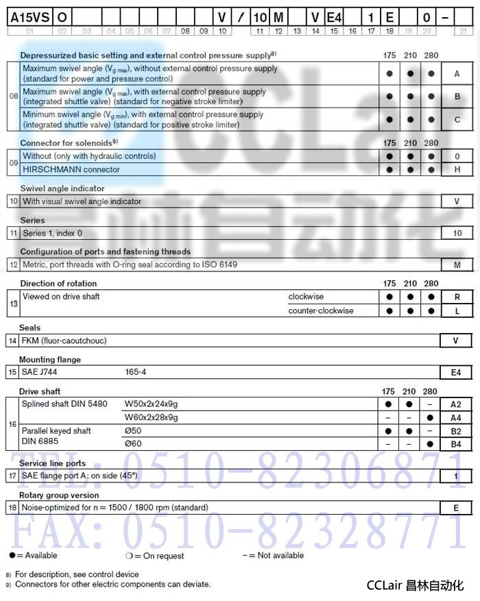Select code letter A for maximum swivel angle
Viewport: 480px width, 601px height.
tap(457, 73)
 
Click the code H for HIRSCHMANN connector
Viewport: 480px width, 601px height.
tap(457, 169)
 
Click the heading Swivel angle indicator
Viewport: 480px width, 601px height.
tap(62, 188)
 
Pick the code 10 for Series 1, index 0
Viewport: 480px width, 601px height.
tap(457, 233)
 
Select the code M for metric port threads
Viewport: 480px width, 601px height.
tap(457, 265)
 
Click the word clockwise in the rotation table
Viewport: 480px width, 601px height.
tap(306, 297)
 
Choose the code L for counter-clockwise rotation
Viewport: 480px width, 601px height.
tap(457, 310)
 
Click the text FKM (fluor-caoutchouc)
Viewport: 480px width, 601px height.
tap(64, 341)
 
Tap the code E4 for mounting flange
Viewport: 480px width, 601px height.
tap(457, 372)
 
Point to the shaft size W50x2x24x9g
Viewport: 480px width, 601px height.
tap(151, 404)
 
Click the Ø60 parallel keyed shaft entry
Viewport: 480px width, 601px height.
tap(132, 444)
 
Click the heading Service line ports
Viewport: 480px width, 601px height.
tap(52, 463)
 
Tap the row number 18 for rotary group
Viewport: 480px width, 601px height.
tap(12, 508)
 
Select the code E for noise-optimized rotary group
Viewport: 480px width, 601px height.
tap(457, 508)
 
